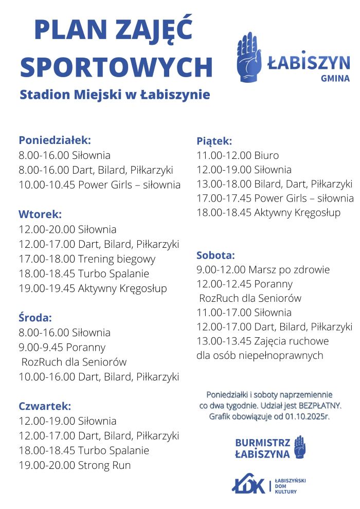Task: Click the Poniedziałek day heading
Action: click(55, 140)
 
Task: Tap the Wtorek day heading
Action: click(40, 214)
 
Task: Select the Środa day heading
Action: click(35, 318)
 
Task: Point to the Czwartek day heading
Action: click(45, 406)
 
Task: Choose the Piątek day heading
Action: click(214, 141)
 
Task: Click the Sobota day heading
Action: click(216, 255)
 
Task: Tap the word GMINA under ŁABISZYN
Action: click(335, 79)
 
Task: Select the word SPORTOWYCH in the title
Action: click(116, 67)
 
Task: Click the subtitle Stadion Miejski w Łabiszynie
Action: click(115, 95)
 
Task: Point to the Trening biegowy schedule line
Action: click(87, 259)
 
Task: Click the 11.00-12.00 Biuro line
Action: click(238, 155)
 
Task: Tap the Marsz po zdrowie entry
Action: click(263, 269)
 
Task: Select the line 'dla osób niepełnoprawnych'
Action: click(260, 355)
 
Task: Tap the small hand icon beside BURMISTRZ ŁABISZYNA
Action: click(300, 447)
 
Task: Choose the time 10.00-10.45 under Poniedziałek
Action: click(47, 185)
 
